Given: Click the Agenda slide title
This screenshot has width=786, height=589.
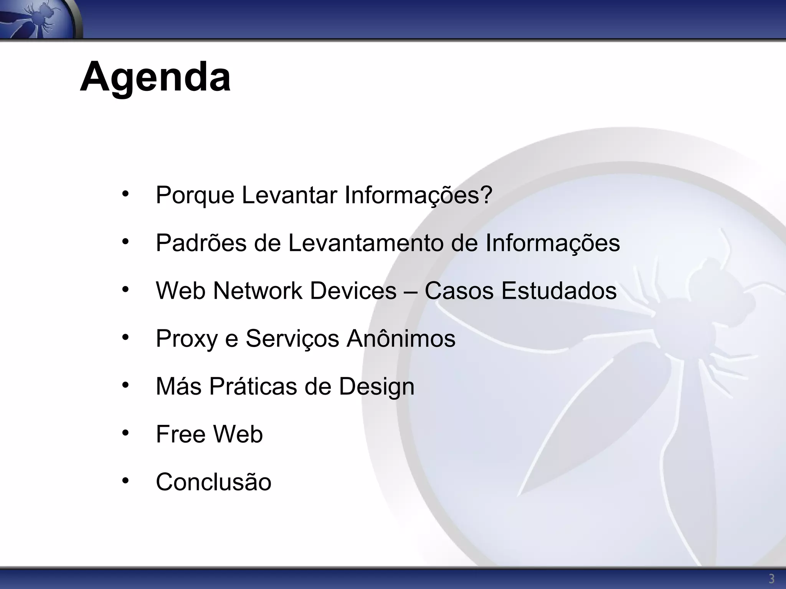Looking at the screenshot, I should click(x=155, y=77).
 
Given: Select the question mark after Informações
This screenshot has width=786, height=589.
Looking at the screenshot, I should click(x=486, y=195).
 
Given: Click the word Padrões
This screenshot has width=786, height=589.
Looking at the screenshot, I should click(x=201, y=243).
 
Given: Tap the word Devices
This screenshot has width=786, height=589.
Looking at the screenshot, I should click(x=353, y=291).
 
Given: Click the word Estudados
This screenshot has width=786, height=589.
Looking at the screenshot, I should click(x=559, y=291).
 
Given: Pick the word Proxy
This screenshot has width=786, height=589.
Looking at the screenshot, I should click(x=187, y=339).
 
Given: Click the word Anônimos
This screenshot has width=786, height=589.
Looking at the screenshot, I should click(x=401, y=339).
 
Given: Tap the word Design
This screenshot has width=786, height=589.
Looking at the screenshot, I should click(x=376, y=387).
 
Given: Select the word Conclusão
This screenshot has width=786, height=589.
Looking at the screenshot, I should click(x=213, y=482).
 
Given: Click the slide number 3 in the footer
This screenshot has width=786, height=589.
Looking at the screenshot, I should click(x=771, y=578).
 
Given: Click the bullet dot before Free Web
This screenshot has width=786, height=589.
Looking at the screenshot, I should click(x=125, y=433).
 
